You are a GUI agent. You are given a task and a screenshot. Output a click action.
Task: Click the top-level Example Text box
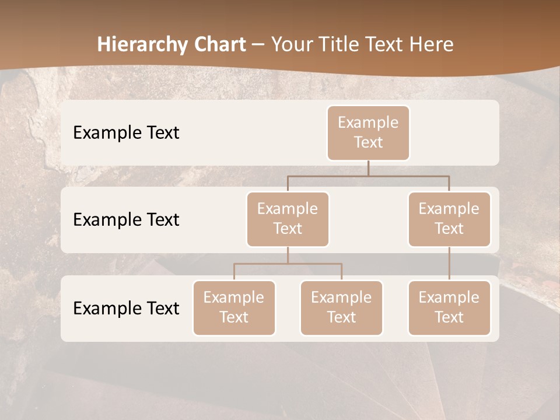tap(368, 132)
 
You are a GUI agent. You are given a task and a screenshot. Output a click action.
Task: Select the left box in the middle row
tap(288, 219)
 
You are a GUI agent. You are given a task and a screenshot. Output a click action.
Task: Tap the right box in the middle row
tap(449, 219)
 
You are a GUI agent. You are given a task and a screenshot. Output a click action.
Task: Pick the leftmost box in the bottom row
tap(234, 307)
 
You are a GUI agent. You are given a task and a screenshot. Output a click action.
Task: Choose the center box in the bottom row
tap(341, 307)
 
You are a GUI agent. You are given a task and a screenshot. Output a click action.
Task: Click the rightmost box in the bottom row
tap(449, 307)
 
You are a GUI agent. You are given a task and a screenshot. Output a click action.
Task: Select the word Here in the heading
tap(432, 45)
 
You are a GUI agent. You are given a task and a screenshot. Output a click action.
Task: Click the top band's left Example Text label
tap(126, 133)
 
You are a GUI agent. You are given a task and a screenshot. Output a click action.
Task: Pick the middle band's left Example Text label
tap(126, 220)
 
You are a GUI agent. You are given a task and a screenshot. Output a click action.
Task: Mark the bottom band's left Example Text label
tap(126, 308)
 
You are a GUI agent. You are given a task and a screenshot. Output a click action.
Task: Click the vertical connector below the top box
tap(368, 168)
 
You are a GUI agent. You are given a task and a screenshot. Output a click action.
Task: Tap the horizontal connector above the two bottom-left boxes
tap(288, 264)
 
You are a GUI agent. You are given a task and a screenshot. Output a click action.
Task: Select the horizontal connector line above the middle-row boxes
tap(368, 176)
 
